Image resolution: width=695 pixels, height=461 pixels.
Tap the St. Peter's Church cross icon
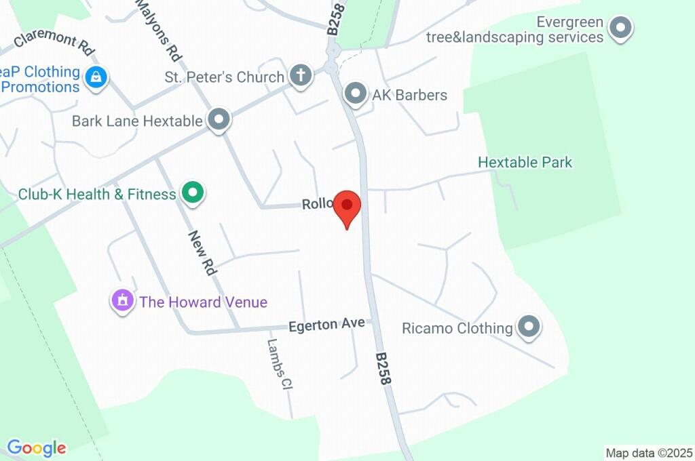(299, 76)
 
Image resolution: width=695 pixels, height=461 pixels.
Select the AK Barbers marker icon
(355, 94)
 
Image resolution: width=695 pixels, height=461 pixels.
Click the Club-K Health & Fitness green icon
(193, 194)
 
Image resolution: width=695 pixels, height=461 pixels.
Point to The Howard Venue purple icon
(122, 300)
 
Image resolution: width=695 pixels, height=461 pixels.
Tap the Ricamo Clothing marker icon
(528, 327)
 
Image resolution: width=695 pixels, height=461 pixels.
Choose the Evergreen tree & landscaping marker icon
(619, 28)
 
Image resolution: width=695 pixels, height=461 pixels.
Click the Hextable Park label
(525, 162)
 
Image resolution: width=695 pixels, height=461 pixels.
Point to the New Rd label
(202, 252)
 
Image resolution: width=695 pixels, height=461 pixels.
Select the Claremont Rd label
(54, 42)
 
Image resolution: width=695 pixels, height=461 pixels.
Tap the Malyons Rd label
(157, 30)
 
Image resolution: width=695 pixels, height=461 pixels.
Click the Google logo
(37, 447)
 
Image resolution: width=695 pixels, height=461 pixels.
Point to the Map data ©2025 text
(649, 452)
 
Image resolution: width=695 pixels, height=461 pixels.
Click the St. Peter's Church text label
(224, 77)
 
